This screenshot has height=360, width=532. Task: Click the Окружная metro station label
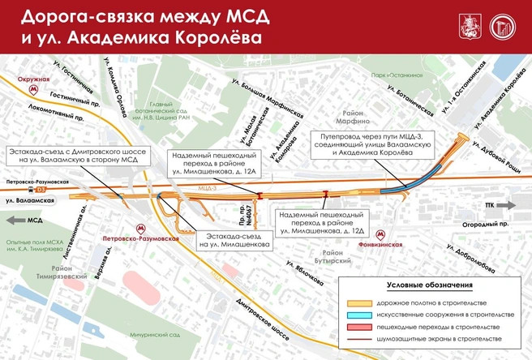(33, 80)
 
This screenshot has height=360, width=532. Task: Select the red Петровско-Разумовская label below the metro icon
(130, 240)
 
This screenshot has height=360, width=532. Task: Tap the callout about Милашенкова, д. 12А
(213, 165)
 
